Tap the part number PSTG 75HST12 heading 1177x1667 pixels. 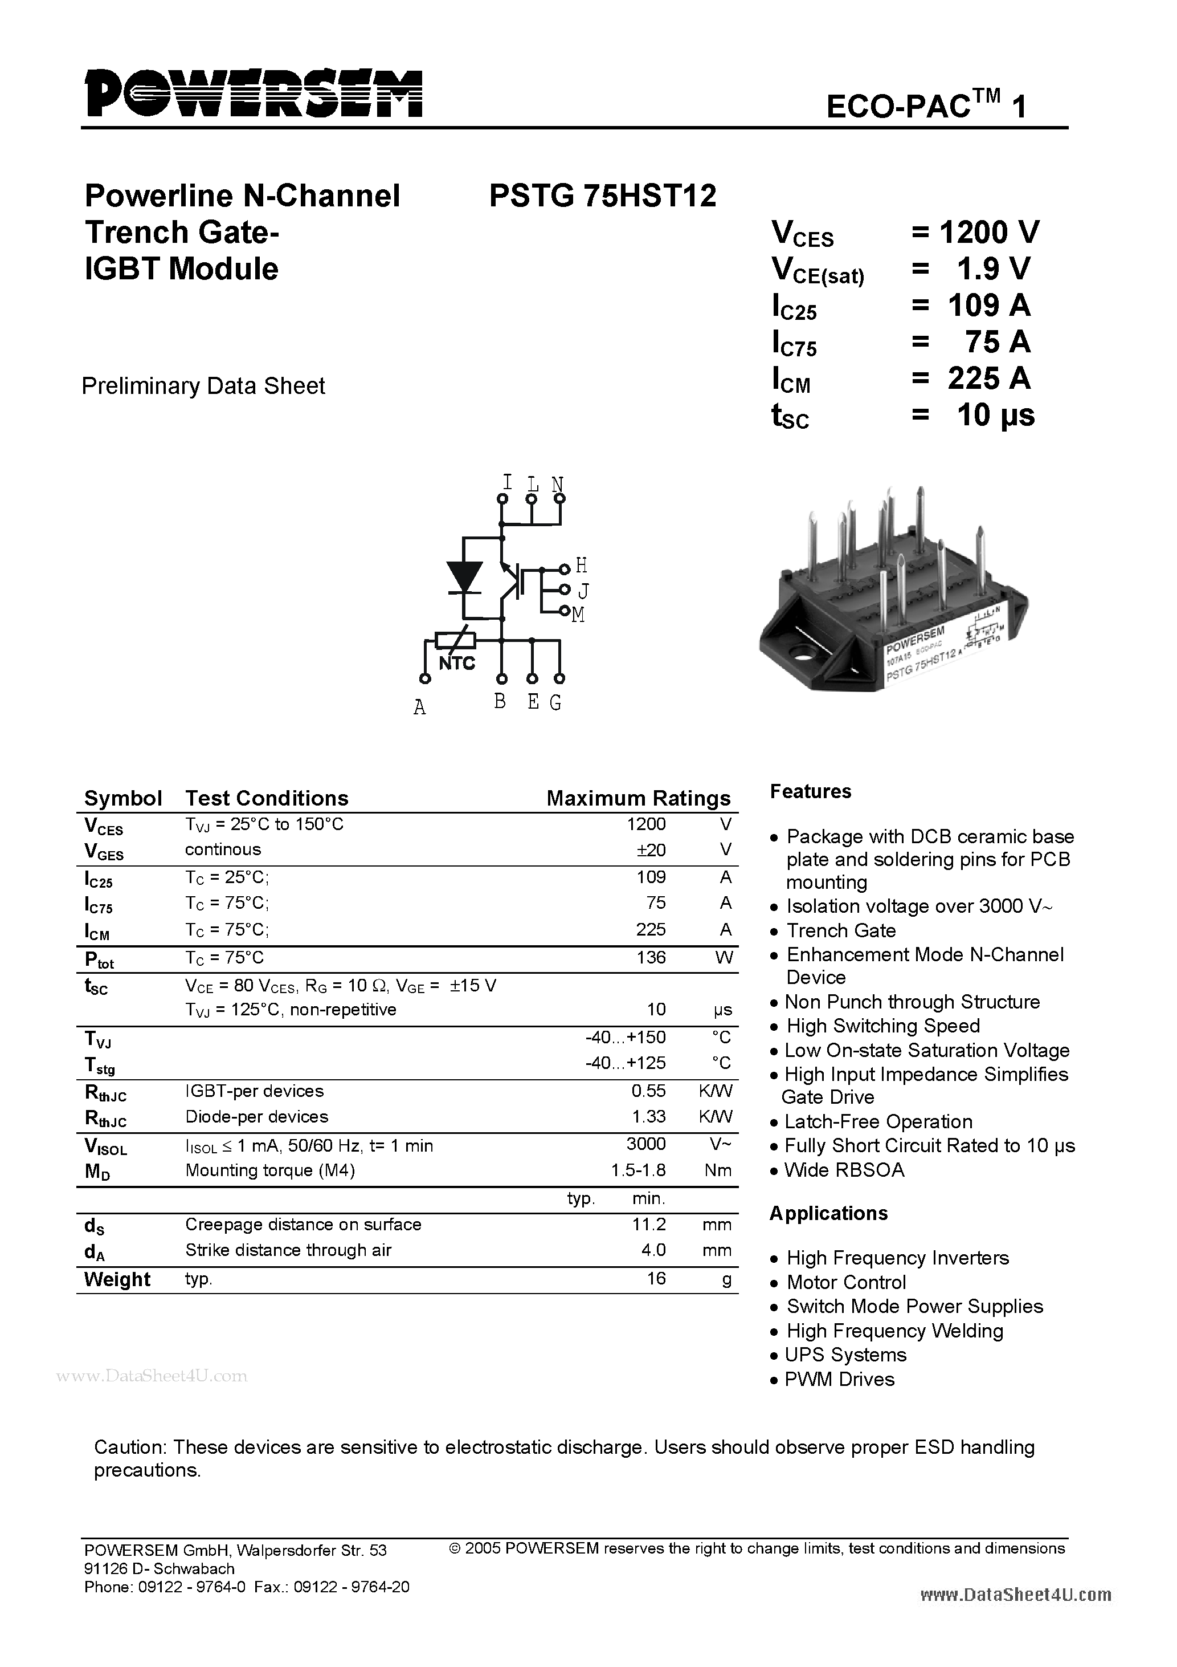coord(602,196)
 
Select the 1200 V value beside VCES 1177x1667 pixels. coord(989,233)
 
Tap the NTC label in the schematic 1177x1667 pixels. coord(457,664)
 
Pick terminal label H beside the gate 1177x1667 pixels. coord(581,565)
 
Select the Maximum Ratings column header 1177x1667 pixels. coord(638,799)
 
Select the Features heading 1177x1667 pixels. coord(811,791)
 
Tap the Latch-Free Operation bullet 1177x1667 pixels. coord(878,1122)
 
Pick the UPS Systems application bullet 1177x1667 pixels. coord(845,1355)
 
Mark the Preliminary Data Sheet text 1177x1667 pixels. coord(203,385)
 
